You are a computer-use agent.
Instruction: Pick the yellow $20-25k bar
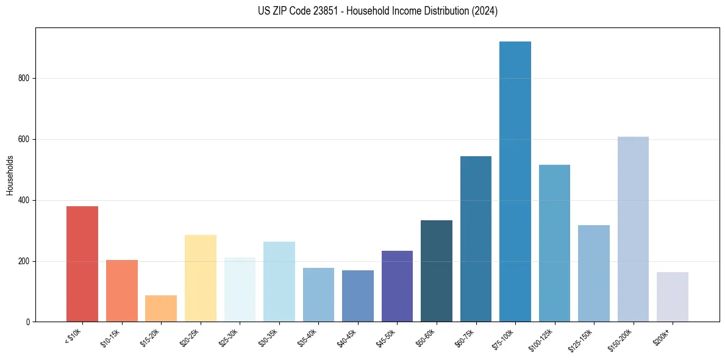200,278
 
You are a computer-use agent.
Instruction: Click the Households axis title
10,175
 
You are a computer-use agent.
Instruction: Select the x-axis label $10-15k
111,337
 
